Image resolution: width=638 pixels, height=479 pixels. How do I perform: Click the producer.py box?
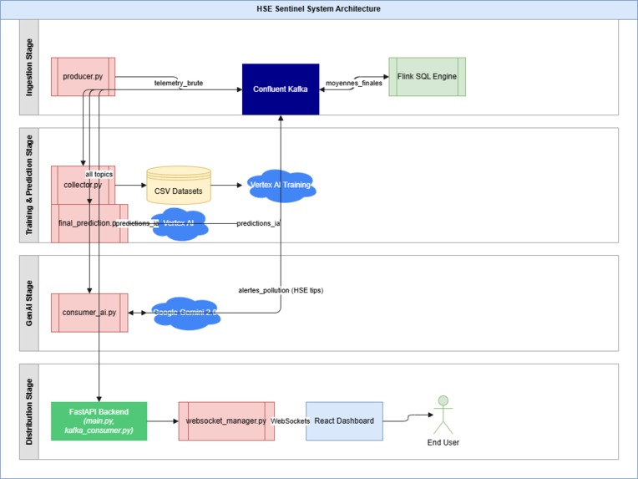click(x=83, y=77)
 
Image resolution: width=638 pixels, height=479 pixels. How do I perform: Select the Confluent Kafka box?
click(x=281, y=89)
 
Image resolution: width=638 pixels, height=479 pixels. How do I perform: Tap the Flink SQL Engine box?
click(x=427, y=77)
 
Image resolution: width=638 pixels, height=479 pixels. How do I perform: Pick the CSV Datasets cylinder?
click(x=179, y=187)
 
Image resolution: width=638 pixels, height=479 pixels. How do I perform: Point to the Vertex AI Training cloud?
click(x=281, y=186)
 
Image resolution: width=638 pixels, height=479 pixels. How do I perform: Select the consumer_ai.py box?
click(x=89, y=313)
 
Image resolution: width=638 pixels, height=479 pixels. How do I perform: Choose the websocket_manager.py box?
click(x=225, y=420)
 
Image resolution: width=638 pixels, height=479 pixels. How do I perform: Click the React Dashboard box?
click(x=344, y=420)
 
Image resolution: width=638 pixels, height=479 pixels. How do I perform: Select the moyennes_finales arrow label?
click(x=354, y=83)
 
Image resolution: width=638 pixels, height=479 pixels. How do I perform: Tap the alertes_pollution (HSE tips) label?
click(x=281, y=290)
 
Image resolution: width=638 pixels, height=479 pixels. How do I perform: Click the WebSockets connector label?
click(x=291, y=420)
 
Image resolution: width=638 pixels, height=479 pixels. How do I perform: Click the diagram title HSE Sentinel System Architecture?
click(x=318, y=8)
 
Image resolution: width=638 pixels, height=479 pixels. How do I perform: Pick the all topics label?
click(x=99, y=173)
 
